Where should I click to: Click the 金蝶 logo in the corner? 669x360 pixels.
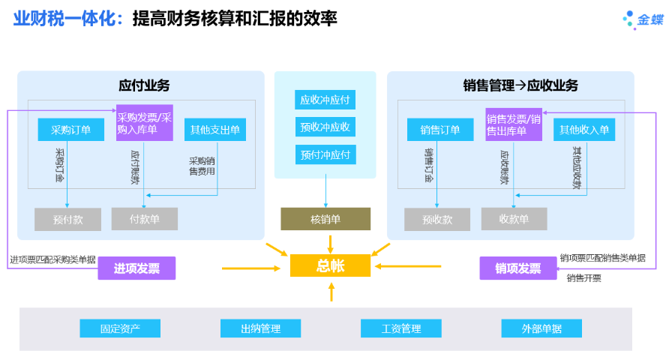click(x=643, y=20)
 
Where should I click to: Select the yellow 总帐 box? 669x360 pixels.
click(x=330, y=265)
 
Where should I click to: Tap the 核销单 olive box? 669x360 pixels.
click(x=325, y=219)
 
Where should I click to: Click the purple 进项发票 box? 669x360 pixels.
click(x=136, y=268)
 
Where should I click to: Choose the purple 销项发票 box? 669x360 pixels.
click(x=517, y=268)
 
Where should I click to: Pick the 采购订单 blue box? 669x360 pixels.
click(x=71, y=130)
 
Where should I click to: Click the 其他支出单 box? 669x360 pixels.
click(x=215, y=130)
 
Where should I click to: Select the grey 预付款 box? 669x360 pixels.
click(x=67, y=220)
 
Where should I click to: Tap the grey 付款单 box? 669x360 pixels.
click(x=145, y=219)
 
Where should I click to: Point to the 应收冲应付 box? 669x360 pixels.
click(x=325, y=100)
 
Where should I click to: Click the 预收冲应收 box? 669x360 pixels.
click(x=325, y=127)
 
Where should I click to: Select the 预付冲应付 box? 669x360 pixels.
click(x=325, y=155)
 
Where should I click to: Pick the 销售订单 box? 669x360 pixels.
click(x=440, y=130)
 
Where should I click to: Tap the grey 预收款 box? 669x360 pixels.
click(x=437, y=220)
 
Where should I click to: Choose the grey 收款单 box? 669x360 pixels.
click(x=514, y=219)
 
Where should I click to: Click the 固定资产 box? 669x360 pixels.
click(x=120, y=328)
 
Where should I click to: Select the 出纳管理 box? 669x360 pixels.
click(x=260, y=328)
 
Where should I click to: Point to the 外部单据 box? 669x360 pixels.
click(x=541, y=328)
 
